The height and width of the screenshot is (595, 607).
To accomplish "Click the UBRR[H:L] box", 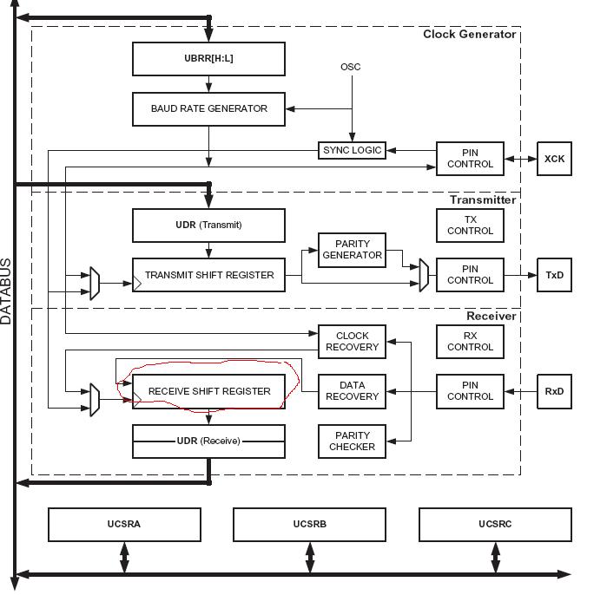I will (208, 59).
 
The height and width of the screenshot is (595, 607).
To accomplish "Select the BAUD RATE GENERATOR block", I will (208, 109).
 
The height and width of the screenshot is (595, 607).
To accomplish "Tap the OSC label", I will (351, 67).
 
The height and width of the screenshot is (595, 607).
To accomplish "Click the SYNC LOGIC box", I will (352, 151).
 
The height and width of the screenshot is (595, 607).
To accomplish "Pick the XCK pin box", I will (554, 159).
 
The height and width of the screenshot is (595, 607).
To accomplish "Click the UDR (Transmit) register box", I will (208, 226).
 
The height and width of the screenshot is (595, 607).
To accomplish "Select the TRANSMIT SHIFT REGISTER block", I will (208, 276).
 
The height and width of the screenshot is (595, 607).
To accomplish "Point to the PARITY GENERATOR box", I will (352, 250).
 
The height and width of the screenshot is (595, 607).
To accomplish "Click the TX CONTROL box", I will (470, 226).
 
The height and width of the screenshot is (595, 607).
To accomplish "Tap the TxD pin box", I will (554, 275).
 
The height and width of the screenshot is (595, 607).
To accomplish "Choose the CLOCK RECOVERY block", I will (352, 342).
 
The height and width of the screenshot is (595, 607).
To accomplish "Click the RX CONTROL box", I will (470, 342).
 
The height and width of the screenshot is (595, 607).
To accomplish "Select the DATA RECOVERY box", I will (352, 391).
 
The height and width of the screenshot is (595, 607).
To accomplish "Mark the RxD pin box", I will (554, 391).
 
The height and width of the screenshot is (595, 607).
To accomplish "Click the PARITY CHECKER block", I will (352, 441).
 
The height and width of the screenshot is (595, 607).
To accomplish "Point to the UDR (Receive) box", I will (208, 441).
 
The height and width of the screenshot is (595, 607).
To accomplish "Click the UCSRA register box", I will (124, 525).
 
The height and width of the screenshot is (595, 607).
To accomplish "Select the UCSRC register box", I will (495, 525).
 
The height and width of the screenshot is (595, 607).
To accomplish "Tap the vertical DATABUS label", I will (7, 291).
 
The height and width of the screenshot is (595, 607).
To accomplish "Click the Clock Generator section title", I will (469, 35).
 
